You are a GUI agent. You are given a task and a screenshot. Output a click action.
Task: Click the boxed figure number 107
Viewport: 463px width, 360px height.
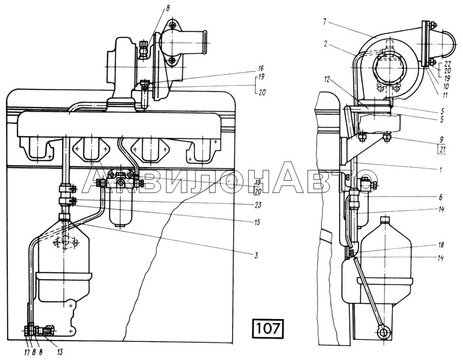click(268, 328)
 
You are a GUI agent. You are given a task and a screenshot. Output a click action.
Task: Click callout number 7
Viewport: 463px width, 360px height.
click(325, 22)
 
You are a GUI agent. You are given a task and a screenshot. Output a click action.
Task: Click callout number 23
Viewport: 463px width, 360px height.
click(258, 205)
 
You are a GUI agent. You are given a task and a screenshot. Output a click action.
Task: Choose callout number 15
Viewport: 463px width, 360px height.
click(257, 222)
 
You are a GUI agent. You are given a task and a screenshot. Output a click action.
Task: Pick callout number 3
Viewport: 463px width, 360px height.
click(256, 255)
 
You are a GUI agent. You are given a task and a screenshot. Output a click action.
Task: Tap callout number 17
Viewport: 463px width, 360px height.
click(26, 352)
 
